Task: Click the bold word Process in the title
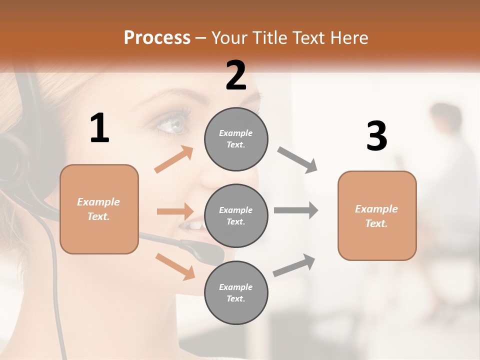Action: [157, 38]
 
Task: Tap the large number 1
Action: [99, 128]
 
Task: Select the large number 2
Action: [236, 75]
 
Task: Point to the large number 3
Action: [376, 136]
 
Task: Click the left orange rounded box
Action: [99, 209]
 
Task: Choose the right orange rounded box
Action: [377, 215]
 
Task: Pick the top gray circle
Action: [236, 139]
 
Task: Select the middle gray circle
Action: [236, 215]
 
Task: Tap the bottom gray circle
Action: [236, 292]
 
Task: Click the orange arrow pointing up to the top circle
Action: [174, 159]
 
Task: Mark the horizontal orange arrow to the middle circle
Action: [175, 211]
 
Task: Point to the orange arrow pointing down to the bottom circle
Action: [175, 266]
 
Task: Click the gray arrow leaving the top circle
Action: [297, 160]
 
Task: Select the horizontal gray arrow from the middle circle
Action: [296, 210]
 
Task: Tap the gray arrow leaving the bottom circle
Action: [294, 265]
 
